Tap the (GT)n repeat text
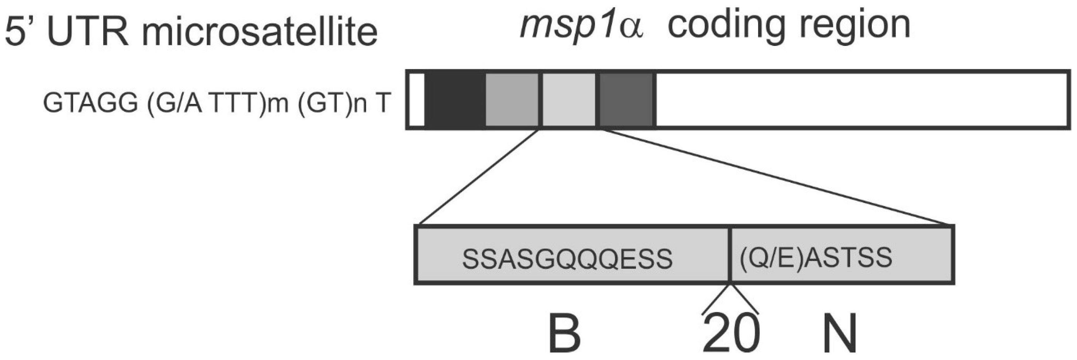pos(330,103)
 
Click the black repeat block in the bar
pos(455,100)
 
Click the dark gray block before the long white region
pos(627,100)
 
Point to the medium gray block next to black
pos(512,100)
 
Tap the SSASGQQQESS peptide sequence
pos(567,259)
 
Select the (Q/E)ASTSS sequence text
pos(816,257)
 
